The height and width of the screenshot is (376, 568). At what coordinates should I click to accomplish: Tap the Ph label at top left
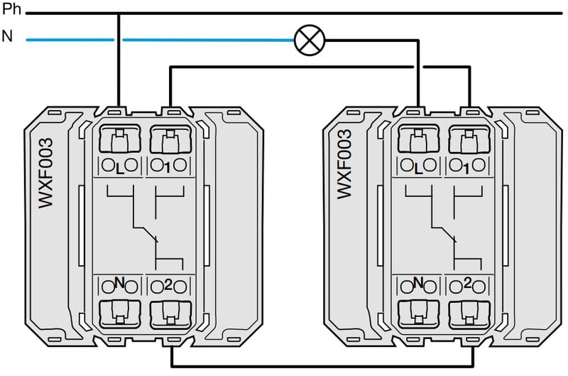(11, 11)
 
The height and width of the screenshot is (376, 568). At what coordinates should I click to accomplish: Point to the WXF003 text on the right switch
(345, 163)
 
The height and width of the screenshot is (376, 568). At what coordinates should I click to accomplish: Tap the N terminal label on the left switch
(119, 284)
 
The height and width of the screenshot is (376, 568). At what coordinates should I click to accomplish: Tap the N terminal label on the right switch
(417, 284)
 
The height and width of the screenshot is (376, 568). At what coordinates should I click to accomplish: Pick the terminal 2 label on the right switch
(466, 284)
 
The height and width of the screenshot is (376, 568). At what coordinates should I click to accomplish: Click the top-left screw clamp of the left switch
(119, 141)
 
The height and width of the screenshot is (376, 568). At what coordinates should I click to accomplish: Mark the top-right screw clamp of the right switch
(466, 141)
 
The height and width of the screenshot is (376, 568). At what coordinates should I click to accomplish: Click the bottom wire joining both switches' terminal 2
(319, 367)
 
